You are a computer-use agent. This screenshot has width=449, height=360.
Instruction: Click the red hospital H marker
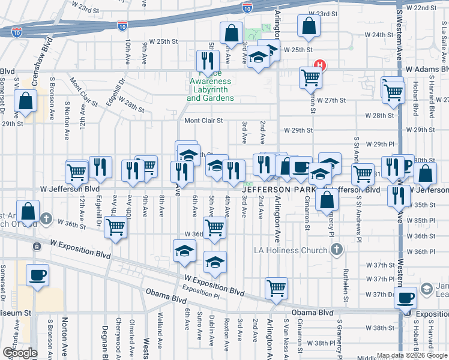321,65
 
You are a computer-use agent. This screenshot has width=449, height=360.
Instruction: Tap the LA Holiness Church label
292,250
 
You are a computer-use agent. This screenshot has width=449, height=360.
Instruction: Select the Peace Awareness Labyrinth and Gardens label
210,89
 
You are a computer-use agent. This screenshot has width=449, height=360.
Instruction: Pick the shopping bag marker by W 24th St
309,26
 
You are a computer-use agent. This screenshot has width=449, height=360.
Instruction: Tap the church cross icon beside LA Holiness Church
337,249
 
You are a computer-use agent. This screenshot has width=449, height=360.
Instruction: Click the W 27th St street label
332,99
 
